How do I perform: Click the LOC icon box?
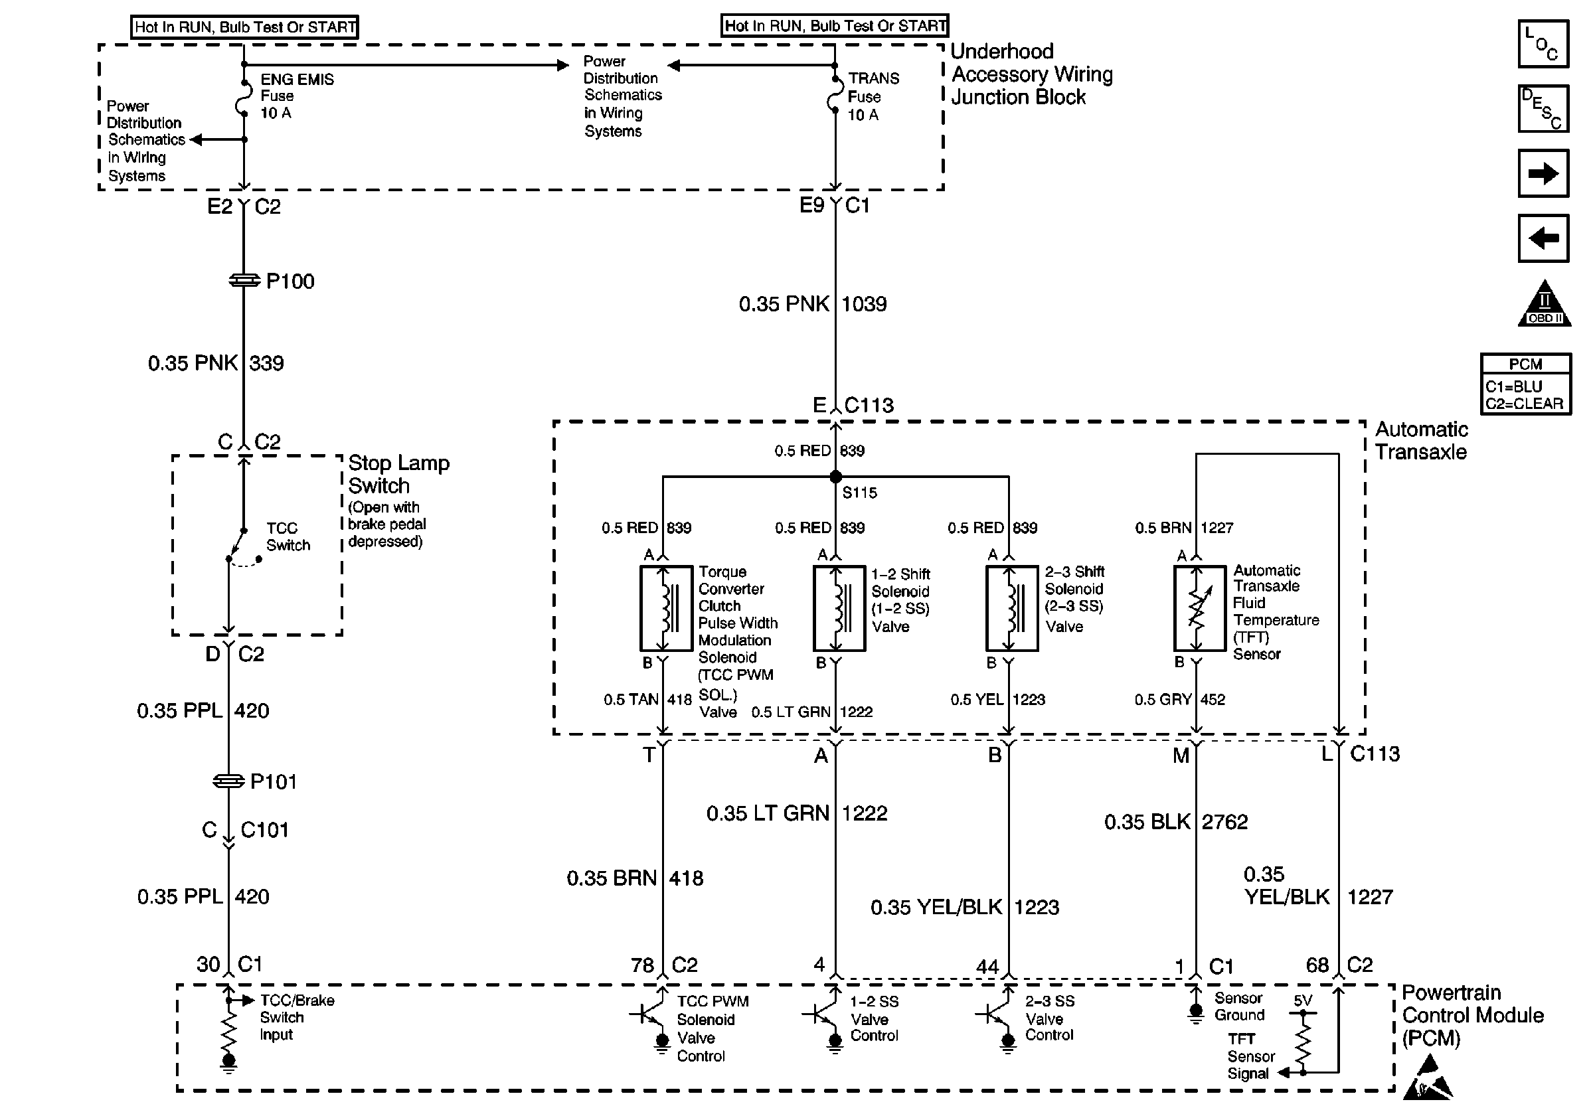(x=1543, y=44)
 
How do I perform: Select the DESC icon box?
(x=1543, y=108)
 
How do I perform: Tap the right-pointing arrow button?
(x=1543, y=173)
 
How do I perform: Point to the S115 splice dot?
(x=836, y=477)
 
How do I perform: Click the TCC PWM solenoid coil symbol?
(x=665, y=608)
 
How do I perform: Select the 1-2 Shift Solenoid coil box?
(x=839, y=608)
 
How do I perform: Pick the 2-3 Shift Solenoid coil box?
(x=1011, y=608)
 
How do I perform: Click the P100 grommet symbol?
(x=243, y=281)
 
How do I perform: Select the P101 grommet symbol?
(x=228, y=781)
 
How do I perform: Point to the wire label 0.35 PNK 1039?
(x=812, y=304)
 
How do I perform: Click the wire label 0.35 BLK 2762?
(x=1175, y=822)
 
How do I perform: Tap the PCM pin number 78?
(x=642, y=965)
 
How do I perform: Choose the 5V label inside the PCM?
(x=1303, y=1000)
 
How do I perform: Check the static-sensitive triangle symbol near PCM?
(x=1427, y=1078)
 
